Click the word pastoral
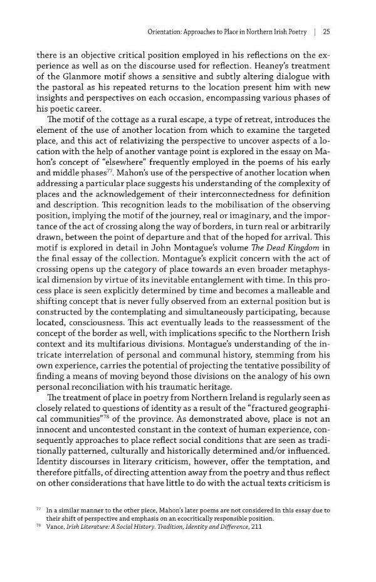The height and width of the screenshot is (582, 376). tap(75, 87)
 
